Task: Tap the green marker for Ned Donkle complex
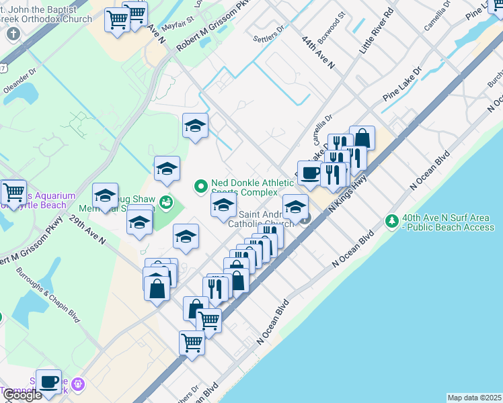200,187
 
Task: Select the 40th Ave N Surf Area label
449,222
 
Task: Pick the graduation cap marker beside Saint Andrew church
295,205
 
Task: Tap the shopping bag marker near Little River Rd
362,138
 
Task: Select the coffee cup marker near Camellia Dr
310,173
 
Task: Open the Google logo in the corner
22,395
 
